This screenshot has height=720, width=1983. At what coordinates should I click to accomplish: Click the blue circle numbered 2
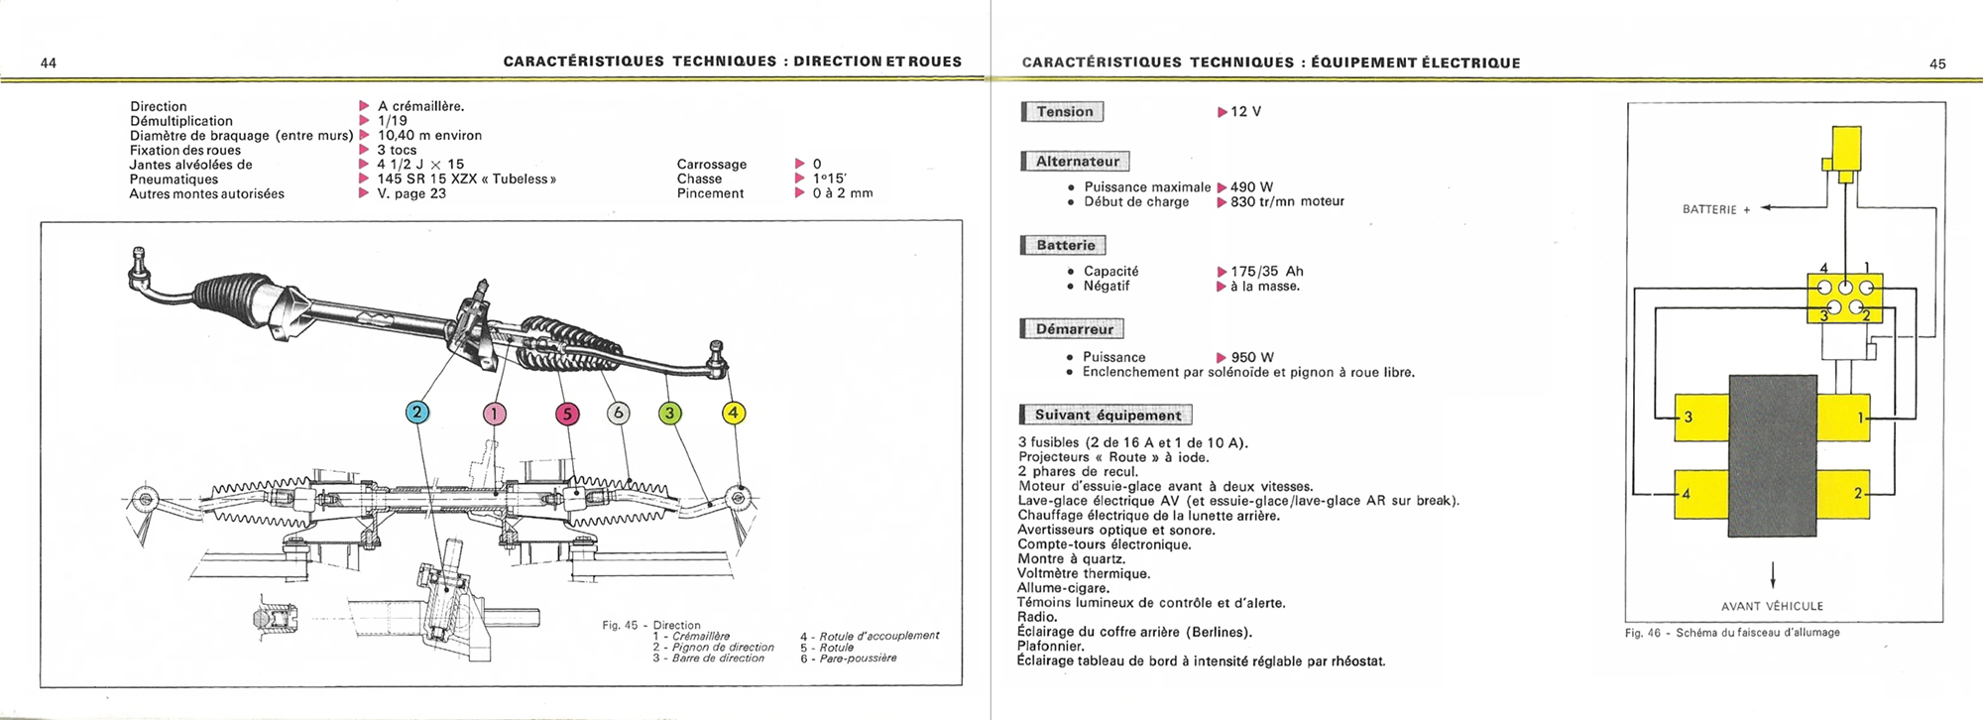(x=417, y=413)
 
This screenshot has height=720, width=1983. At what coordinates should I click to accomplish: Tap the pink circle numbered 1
(x=494, y=414)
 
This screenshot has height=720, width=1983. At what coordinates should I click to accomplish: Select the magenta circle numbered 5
(x=567, y=414)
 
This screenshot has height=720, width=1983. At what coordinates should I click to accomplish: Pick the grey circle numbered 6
(x=618, y=413)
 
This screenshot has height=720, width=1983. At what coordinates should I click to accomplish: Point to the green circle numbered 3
(x=670, y=413)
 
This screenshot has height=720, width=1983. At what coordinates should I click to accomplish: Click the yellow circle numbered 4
(x=733, y=413)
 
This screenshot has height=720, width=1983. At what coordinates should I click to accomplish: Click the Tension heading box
(x=1064, y=112)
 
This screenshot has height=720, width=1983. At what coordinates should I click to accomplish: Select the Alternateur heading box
(x=1077, y=162)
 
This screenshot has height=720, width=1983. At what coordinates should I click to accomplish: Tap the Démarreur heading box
(x=1074, y=329)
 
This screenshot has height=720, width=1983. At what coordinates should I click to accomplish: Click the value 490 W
(x=1251, y=186)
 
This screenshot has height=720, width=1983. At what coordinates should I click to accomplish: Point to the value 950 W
(x=1251, y=357)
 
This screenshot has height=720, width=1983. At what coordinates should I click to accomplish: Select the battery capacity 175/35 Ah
(x=1266, y=271)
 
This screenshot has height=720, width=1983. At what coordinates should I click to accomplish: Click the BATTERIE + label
(x=1716, y=209)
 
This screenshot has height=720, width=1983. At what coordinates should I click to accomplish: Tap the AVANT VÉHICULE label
(x=1772, y=606)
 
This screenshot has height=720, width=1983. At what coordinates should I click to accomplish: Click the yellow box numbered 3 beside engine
(x=1701, y=418)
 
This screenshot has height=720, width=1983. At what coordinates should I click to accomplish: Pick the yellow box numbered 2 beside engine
(x=1844, y=494)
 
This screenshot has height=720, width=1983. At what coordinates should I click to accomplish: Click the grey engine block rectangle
(x=1773, y=456)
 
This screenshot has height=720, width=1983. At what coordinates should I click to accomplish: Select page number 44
(x=49, y=63)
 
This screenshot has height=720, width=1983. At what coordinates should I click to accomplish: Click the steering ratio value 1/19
(x=392, y=121)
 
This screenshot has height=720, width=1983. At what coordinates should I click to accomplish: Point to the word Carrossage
(x=711, y=165)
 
